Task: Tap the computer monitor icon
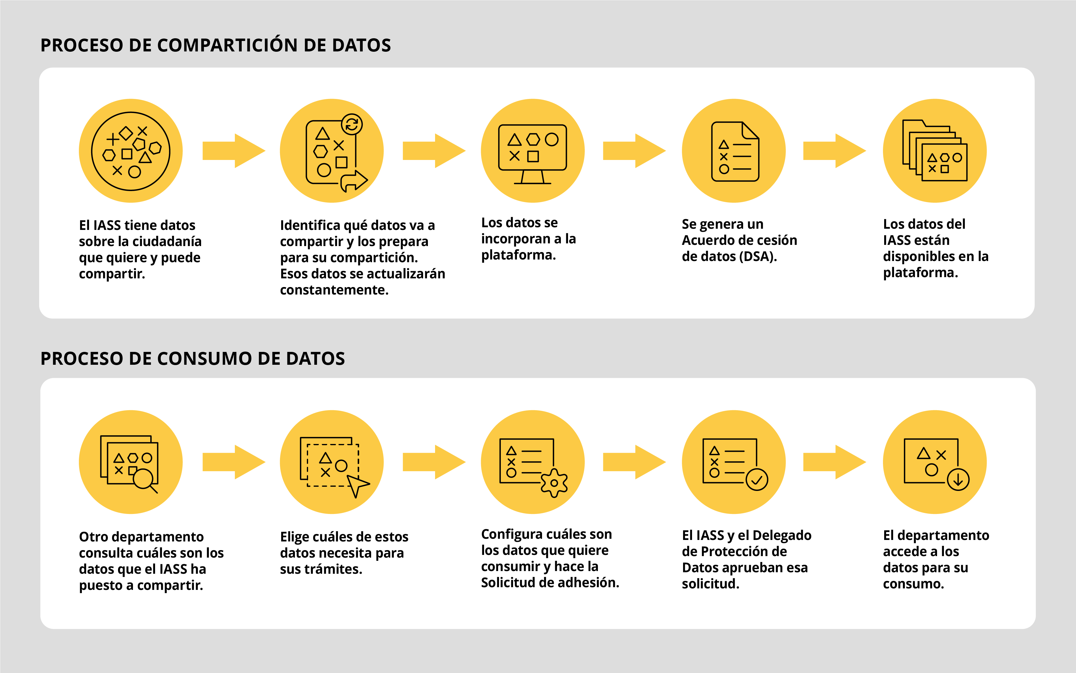[x=532, y=154]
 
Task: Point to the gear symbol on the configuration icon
[x=554, y=483]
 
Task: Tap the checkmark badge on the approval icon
[x=757, y=480]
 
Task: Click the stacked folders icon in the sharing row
[x=935, y=150]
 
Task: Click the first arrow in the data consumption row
[x=234, y=462]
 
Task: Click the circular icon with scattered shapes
[x=131, y=151]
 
